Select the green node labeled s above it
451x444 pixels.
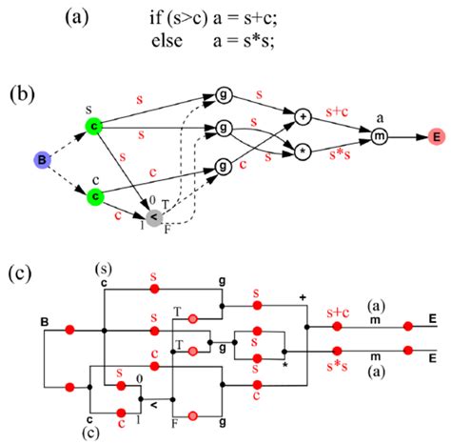click(x=94, y=125)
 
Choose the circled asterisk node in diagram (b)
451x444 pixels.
click(x=304, y=151)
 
